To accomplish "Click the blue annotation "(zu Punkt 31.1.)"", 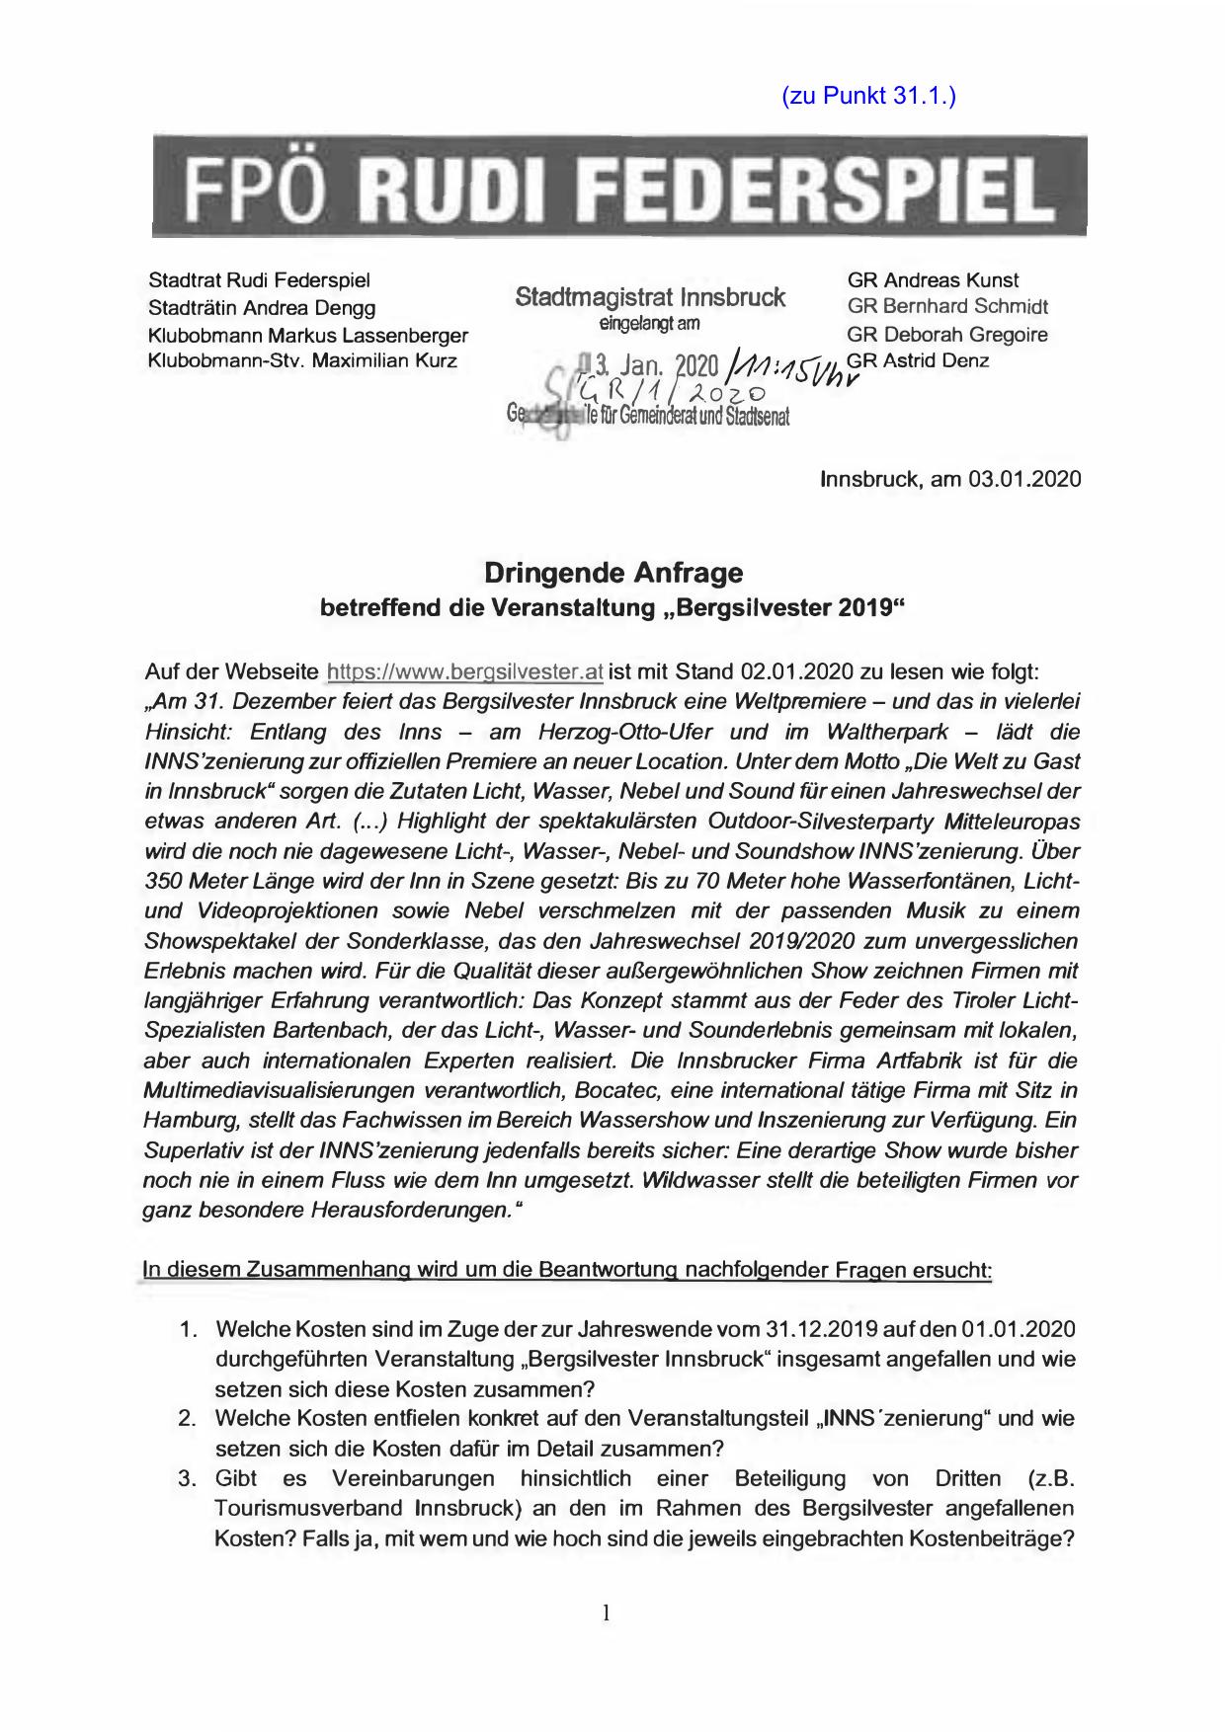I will [868, 96].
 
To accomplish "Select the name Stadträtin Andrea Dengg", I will [261, 308].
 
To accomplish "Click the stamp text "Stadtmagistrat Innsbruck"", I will [650, 297].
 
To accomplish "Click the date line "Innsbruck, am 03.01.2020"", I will [950, 479].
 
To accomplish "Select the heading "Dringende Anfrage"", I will [612, 573].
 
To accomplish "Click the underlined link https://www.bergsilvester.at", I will [464, 673].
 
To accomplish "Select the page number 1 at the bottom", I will [607, 1614].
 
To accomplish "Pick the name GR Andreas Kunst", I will [933, 280].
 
